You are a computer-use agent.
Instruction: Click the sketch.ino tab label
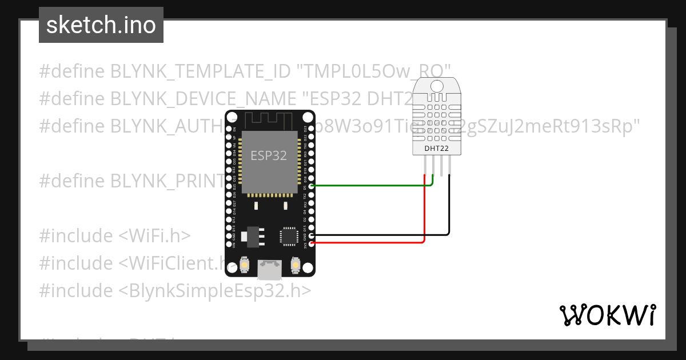tap(101, 25)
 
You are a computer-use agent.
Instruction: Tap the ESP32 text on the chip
tap(269, 155)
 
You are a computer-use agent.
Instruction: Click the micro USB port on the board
tap(269, 269)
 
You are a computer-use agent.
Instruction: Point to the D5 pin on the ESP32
tap(311, 186)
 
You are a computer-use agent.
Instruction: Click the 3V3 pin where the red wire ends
tap(311, 243)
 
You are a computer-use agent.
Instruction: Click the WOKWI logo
tap(607, 315)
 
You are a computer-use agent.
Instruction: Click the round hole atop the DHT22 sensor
tap(436, 86)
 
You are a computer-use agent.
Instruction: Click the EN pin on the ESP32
tap(233, 130)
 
